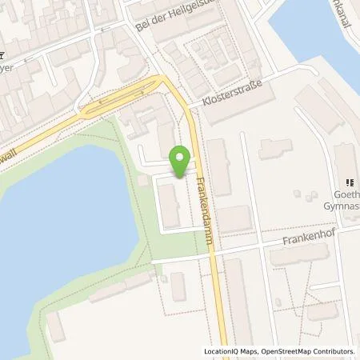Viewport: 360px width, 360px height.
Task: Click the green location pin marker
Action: (x=182, y=158)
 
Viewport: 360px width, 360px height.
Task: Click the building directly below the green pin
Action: (x=170, y=204)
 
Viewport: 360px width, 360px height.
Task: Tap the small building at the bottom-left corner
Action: (x=56, y=326)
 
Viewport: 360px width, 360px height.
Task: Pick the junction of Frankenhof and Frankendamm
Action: (x=213, y=252)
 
